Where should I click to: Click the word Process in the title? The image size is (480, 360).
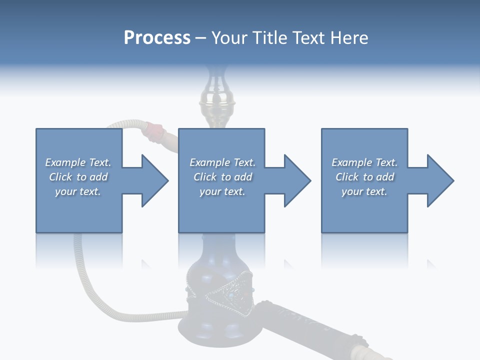[x=157, y=38]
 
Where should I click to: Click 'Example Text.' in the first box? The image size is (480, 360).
[x=78, y=162]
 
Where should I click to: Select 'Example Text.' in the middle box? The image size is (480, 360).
[x=222, y=162]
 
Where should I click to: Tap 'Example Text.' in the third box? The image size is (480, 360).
[x=364, y=162]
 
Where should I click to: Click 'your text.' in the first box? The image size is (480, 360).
[x=78, y=191]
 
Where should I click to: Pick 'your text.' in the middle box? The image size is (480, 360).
[x=222, y=191]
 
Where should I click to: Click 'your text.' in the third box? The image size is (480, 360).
[x=364, y=191]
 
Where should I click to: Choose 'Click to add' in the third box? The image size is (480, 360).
[x=364, y=177]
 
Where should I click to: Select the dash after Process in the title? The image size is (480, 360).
[x=201, y=38]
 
